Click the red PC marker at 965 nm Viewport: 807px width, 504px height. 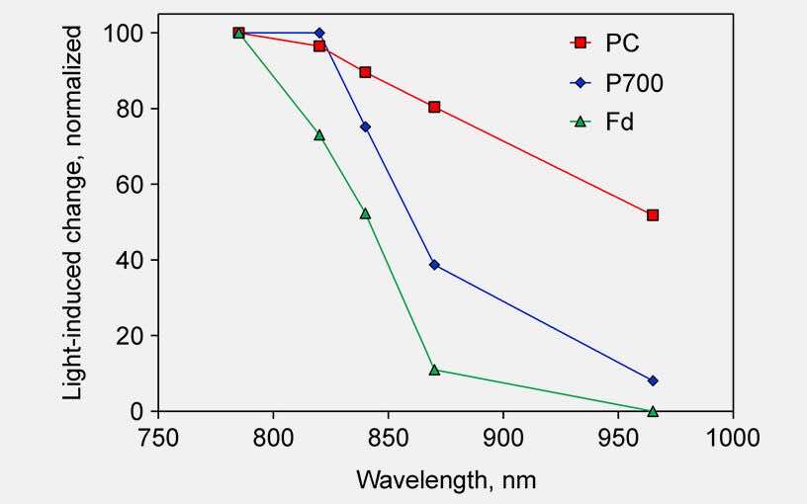(653, 215)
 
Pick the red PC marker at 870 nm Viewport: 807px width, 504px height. (434, 107)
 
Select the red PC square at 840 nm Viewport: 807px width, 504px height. (365, 72)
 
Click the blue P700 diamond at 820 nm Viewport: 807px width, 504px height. (319, 33)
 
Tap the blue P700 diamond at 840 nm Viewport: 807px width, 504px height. (365, 126)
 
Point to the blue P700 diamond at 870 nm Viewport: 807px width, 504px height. (434, 265)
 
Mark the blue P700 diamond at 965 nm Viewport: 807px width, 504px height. (653, 380)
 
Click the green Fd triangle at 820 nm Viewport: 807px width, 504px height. (319, 134)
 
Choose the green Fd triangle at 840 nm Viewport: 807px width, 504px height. (365, 213)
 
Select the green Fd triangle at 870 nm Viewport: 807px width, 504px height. (434, 370)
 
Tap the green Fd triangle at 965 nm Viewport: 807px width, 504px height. (653, 410)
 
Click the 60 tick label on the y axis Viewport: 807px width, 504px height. (133, 185)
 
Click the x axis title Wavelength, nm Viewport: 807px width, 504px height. (446, 480)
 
